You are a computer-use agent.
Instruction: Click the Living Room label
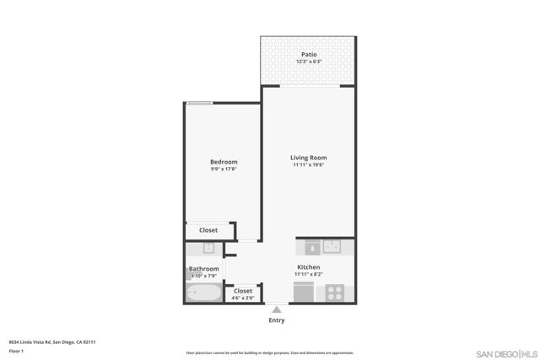tap(308, 158)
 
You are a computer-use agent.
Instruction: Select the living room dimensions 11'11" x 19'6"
tap(308, 165)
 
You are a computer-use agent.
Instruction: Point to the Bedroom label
tap(224, 162)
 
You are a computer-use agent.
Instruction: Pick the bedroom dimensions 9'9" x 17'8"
tap(224, 169)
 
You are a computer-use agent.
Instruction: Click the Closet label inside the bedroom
tap(208, 230)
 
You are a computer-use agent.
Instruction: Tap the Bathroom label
tap(203, 269)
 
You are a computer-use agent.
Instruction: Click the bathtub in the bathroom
tap(203, 293)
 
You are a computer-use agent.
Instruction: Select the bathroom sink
tap(208, 249)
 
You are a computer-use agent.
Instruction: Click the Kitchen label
tap(308, 267)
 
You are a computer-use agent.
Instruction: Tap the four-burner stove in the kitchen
tap(335, 293)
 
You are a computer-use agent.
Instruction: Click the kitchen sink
tap(331, 247)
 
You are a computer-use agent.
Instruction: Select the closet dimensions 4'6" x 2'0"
tap(243, 298)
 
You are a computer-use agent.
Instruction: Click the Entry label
tap(276, 320)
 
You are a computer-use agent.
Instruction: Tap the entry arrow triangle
tap(276, 310)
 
